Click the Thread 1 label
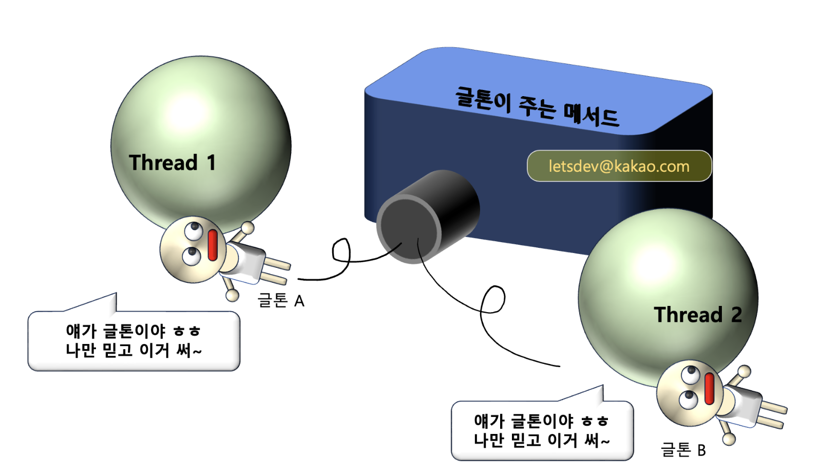[172, 162]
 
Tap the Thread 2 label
[697, 314]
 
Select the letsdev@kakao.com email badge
[619, 166]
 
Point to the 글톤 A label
[280, 300]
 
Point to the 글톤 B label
[683, 450]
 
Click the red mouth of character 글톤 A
[213, 245]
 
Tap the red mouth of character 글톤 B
[710, 389]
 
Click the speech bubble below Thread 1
[134, 340]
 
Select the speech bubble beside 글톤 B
[542, 430]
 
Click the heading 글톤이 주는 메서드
[537, 106]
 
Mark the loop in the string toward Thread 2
[493, 299]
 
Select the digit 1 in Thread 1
[211, 162]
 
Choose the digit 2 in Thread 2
[736, 314]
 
